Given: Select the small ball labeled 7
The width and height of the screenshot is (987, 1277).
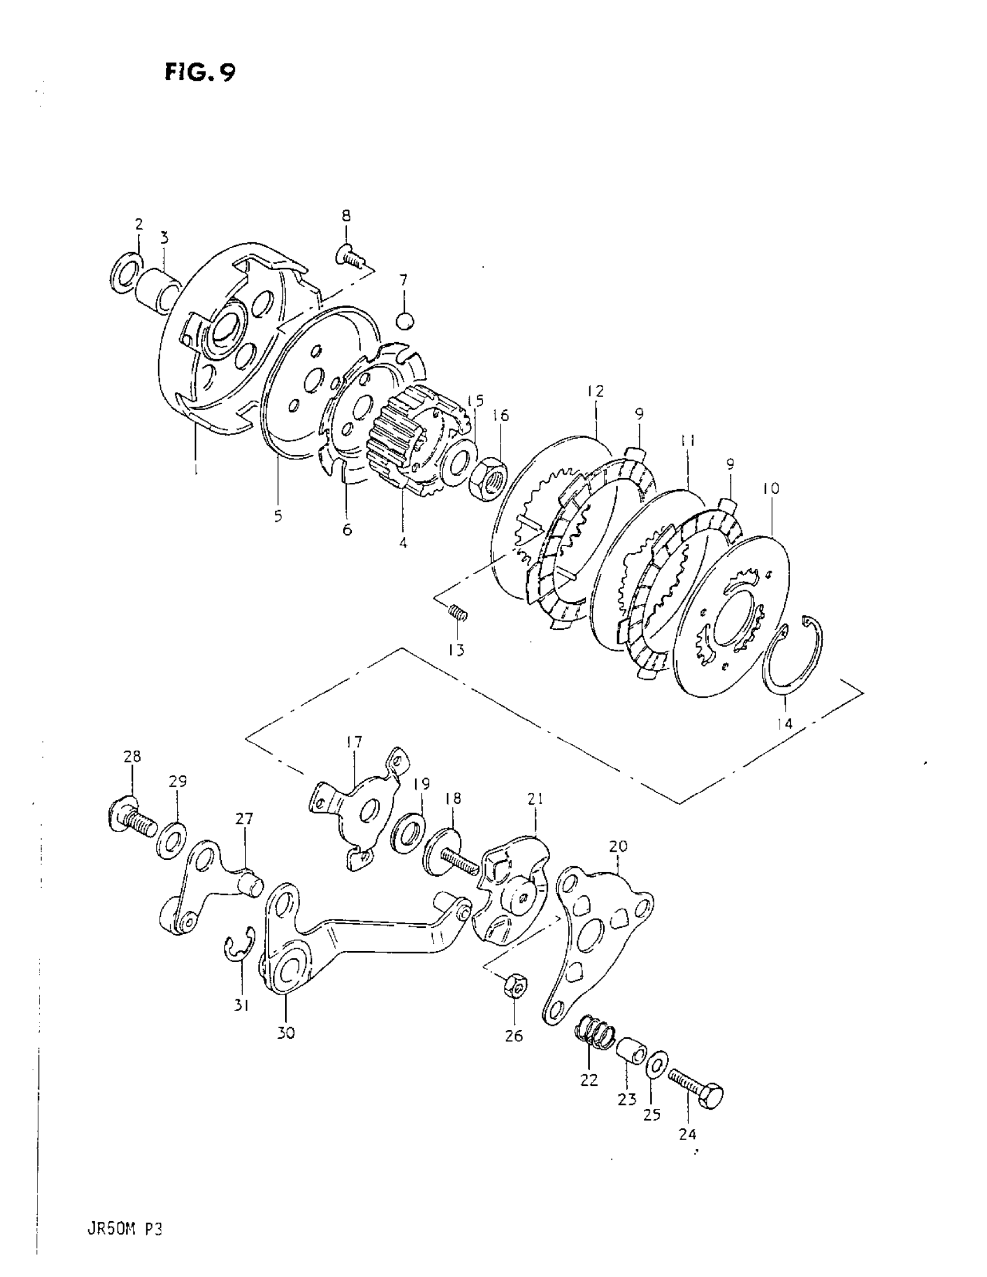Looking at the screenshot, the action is (x=405, y=321).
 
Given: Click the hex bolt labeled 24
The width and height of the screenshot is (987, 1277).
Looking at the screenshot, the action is (x=697, y=1084).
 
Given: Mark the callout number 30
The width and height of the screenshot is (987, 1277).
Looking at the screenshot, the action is (x=286, y=1033).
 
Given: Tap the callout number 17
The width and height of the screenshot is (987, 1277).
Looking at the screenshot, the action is (x=354, y=742).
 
